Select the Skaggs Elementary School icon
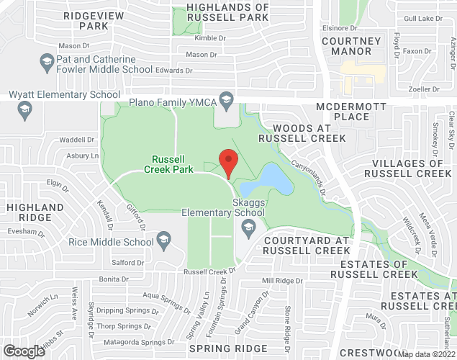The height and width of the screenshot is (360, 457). coord(248,228)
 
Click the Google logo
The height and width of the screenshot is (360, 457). coord(23,351)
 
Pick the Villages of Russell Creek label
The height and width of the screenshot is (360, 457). coord(408,168)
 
